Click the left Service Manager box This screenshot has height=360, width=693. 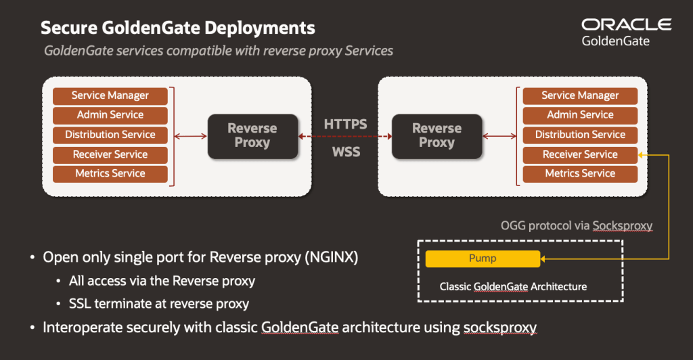[110, 96]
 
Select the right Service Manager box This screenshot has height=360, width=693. [580, 96]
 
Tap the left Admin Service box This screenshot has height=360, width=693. [110, 115]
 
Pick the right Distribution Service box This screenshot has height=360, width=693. [580, 135]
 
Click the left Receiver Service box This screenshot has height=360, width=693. [110, 154]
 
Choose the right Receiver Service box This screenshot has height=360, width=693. [580, 154]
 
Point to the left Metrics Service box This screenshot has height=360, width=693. [110, 174]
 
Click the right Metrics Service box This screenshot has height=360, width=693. [580, 174]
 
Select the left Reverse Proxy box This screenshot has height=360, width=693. [253, 136]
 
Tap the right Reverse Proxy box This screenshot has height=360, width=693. [437, 136]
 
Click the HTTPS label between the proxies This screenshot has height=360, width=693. [345, 125]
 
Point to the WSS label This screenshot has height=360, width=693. [346, 152]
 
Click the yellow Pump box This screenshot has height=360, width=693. [483, 259]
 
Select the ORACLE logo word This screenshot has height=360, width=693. [626, 25]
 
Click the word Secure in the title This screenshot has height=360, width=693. [68, 28]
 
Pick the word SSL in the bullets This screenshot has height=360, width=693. [80, 304]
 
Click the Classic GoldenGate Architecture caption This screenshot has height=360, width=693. [513, 287]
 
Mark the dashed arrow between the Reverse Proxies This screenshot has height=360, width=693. [345, 137]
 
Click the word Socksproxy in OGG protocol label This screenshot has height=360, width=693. [623, 226]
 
